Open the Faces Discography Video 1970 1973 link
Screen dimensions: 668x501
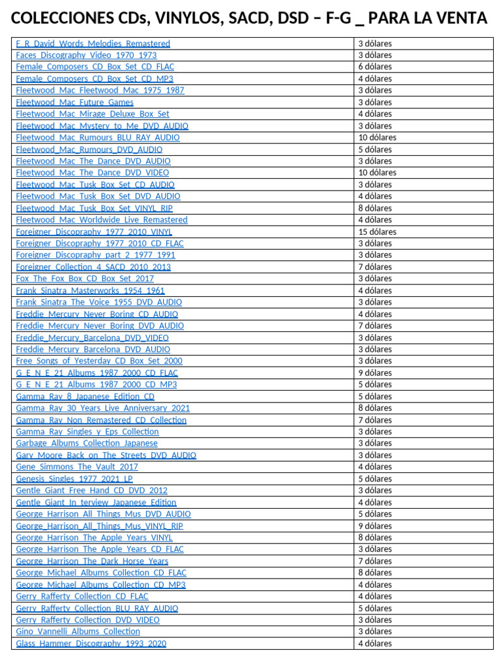point(86,55)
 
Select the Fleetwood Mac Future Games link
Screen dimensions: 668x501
point(74,102)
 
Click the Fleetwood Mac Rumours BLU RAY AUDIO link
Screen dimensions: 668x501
point(98,138)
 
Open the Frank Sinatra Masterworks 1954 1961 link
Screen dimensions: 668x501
point(90,290)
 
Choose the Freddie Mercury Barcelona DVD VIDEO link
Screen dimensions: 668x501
point(92,338)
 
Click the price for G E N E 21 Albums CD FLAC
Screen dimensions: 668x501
point(374,373)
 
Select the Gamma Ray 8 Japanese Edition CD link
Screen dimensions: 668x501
point(85,397)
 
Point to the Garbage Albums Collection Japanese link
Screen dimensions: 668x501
point(87,444)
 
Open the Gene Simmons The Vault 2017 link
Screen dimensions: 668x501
point(77,467)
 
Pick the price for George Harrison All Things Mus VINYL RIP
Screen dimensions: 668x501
point(374,526)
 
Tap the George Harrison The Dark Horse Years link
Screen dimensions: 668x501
point(92,561)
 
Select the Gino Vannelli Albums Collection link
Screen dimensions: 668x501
point(78,631)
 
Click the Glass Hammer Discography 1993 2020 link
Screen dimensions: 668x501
point(91,643)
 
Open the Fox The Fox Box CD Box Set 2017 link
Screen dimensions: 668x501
point(85,279)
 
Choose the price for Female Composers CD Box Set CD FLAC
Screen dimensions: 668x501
point(374,67)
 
